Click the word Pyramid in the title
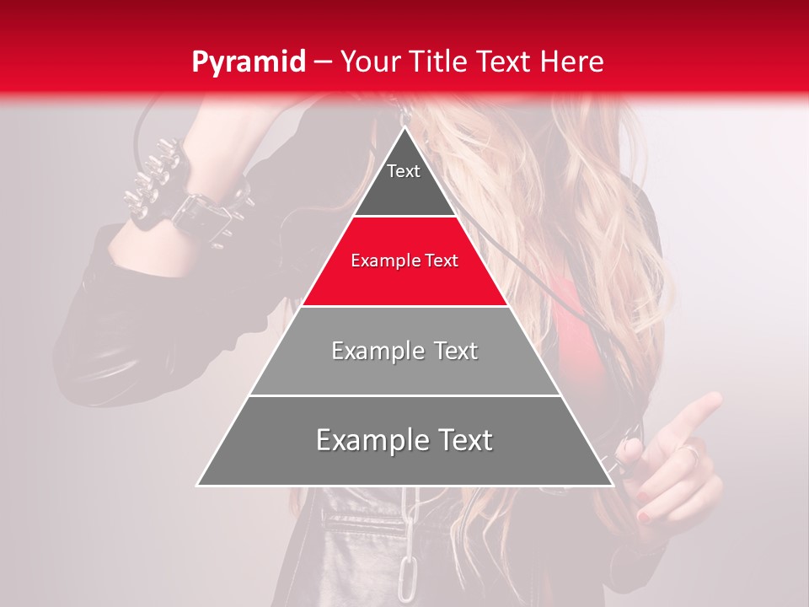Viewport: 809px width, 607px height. [x=248, y=62]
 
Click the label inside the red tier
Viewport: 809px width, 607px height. [x=404, y=261]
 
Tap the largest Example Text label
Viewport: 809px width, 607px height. [x=404, y=440]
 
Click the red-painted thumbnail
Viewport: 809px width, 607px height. [x=643, y=515]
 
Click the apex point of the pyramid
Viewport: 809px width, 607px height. [x=404, y=128]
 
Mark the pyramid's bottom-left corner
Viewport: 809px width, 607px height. [x=198, y=485]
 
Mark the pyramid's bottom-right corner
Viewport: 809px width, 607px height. [x=612, y=485]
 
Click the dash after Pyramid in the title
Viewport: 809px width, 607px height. [x=323, y=62]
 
